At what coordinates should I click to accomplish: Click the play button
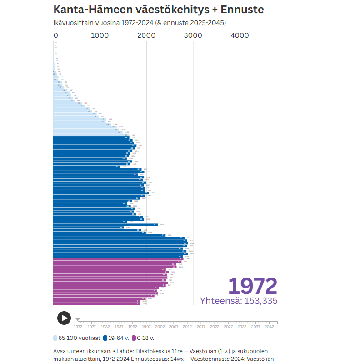[64, 318]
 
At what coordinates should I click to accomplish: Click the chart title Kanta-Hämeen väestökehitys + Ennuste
[158, 10]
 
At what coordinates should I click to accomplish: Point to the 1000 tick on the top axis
[100, 35]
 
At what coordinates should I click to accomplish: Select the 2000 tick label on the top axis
[146, 35]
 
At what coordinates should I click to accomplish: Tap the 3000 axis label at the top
[193, 35]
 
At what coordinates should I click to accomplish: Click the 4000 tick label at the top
[240, 35]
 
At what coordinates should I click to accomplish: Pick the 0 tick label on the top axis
[56, 35]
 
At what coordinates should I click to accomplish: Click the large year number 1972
[252, 286]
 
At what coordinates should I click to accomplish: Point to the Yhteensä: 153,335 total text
[239, 301]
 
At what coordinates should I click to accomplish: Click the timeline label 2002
[160, 326]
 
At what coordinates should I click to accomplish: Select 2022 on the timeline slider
[215, 326]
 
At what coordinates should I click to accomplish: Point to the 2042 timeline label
[269, 326]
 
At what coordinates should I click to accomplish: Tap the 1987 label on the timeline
[119, 326]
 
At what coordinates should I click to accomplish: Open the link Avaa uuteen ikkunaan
[82, 351]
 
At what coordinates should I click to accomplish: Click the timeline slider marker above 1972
[78, 320]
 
